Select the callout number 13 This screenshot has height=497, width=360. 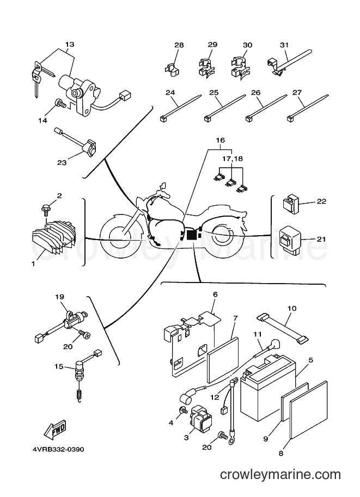[x=70, y=45]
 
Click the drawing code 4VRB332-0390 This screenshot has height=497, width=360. [x=58, y=450]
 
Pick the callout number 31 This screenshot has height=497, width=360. [x=284, y=45]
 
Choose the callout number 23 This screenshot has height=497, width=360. [x=62, y=163]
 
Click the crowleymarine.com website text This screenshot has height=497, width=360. [x=280, y=475]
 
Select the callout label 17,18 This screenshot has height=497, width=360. [x=232, y=158]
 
